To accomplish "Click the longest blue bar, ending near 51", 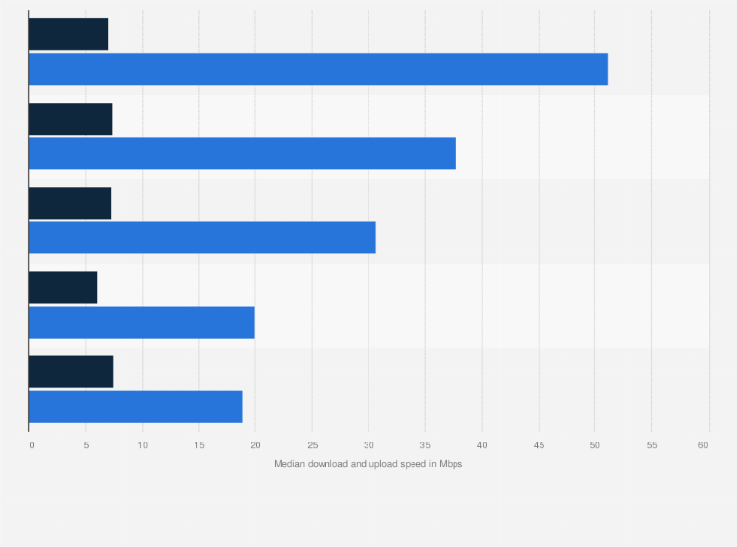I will point(318,69).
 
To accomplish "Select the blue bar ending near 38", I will point(242,153).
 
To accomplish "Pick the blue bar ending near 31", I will point(202,237).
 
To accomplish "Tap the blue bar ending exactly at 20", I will point(142,322).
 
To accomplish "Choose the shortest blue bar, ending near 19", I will point(136,406).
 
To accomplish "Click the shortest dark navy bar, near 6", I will point(63,287).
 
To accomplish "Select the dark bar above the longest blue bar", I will point(68,33).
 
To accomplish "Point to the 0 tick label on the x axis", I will point(31,445).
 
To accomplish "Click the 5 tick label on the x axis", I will point(86,445).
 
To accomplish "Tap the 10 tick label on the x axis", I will point(142,445).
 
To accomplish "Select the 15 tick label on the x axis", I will point(198,445).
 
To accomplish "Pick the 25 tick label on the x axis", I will point(312,445).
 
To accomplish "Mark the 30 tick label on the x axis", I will point(368,445).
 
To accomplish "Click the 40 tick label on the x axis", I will point(482,445).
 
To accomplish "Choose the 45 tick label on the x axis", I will point(539,445).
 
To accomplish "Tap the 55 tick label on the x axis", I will point(652,445).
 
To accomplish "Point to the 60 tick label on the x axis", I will point(703,445).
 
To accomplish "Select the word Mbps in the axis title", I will point(450,464).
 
